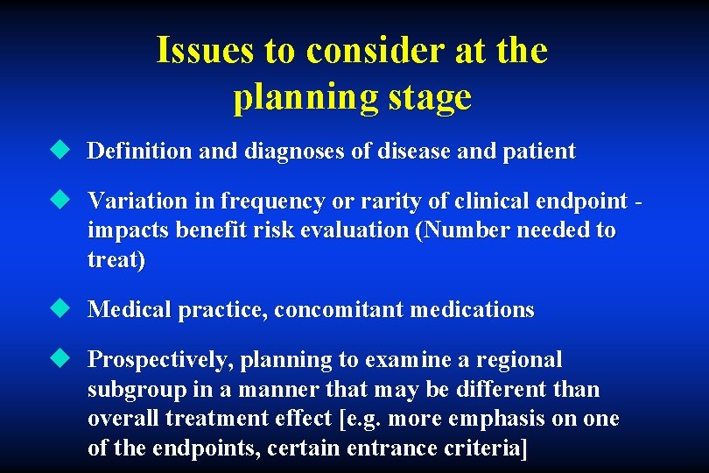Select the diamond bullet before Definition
pyautogui.click(x=59, y=151)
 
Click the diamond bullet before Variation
pyautogui.click(x=59, y=201)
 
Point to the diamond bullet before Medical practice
pyautogui.click(x=59, y=309)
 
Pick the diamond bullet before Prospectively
pyautogui.click(x=59, y=359)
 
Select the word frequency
pyautogui.click(x=266, y=201)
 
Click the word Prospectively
pyautogui.click(x=160, y=360)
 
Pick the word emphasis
pyautogui.click(x=489, y=420)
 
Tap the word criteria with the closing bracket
pyautogui.click(x=493, y=449)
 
